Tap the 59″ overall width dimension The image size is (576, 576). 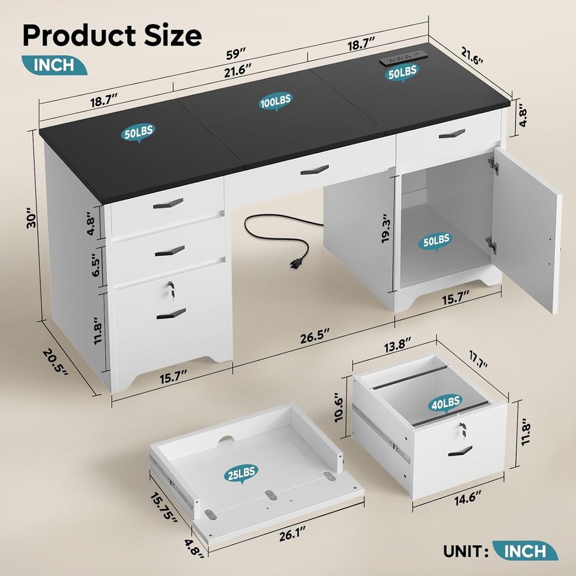236,54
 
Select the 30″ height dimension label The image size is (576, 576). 32,218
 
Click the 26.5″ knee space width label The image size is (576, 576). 315,336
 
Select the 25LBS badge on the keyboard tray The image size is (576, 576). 241,474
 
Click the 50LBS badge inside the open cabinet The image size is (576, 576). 436,242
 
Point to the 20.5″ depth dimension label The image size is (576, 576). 55,362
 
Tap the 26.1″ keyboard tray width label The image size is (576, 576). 293,535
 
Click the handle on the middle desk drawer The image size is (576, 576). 314,170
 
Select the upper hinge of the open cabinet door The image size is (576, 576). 493,166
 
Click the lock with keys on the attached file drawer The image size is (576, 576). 170,289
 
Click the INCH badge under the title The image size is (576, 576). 54,65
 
